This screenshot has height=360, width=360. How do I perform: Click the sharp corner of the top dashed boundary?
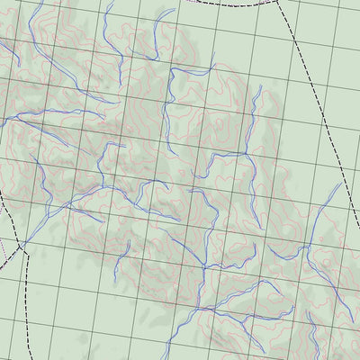coord(277,2)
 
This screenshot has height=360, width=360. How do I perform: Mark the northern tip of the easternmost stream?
coord(339,185)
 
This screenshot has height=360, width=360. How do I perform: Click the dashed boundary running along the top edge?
coord(225,3)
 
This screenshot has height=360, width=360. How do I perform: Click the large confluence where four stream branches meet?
coord(204,267)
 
